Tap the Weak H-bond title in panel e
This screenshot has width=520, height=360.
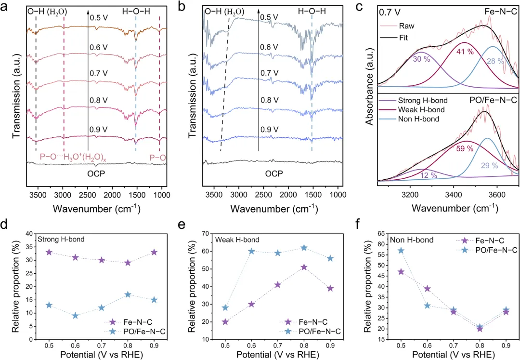(x=237, y=240)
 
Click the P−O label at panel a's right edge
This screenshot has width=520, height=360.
(x=157, y=156)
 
